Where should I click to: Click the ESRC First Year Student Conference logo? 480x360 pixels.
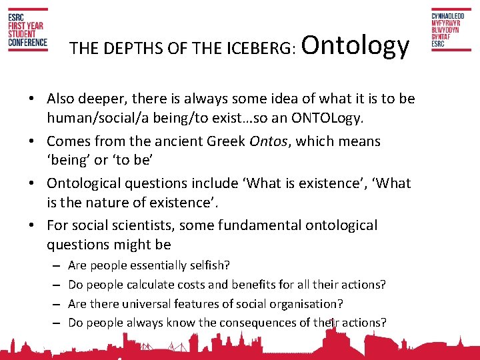[27, 30]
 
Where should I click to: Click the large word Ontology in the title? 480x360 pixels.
[356, 45]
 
